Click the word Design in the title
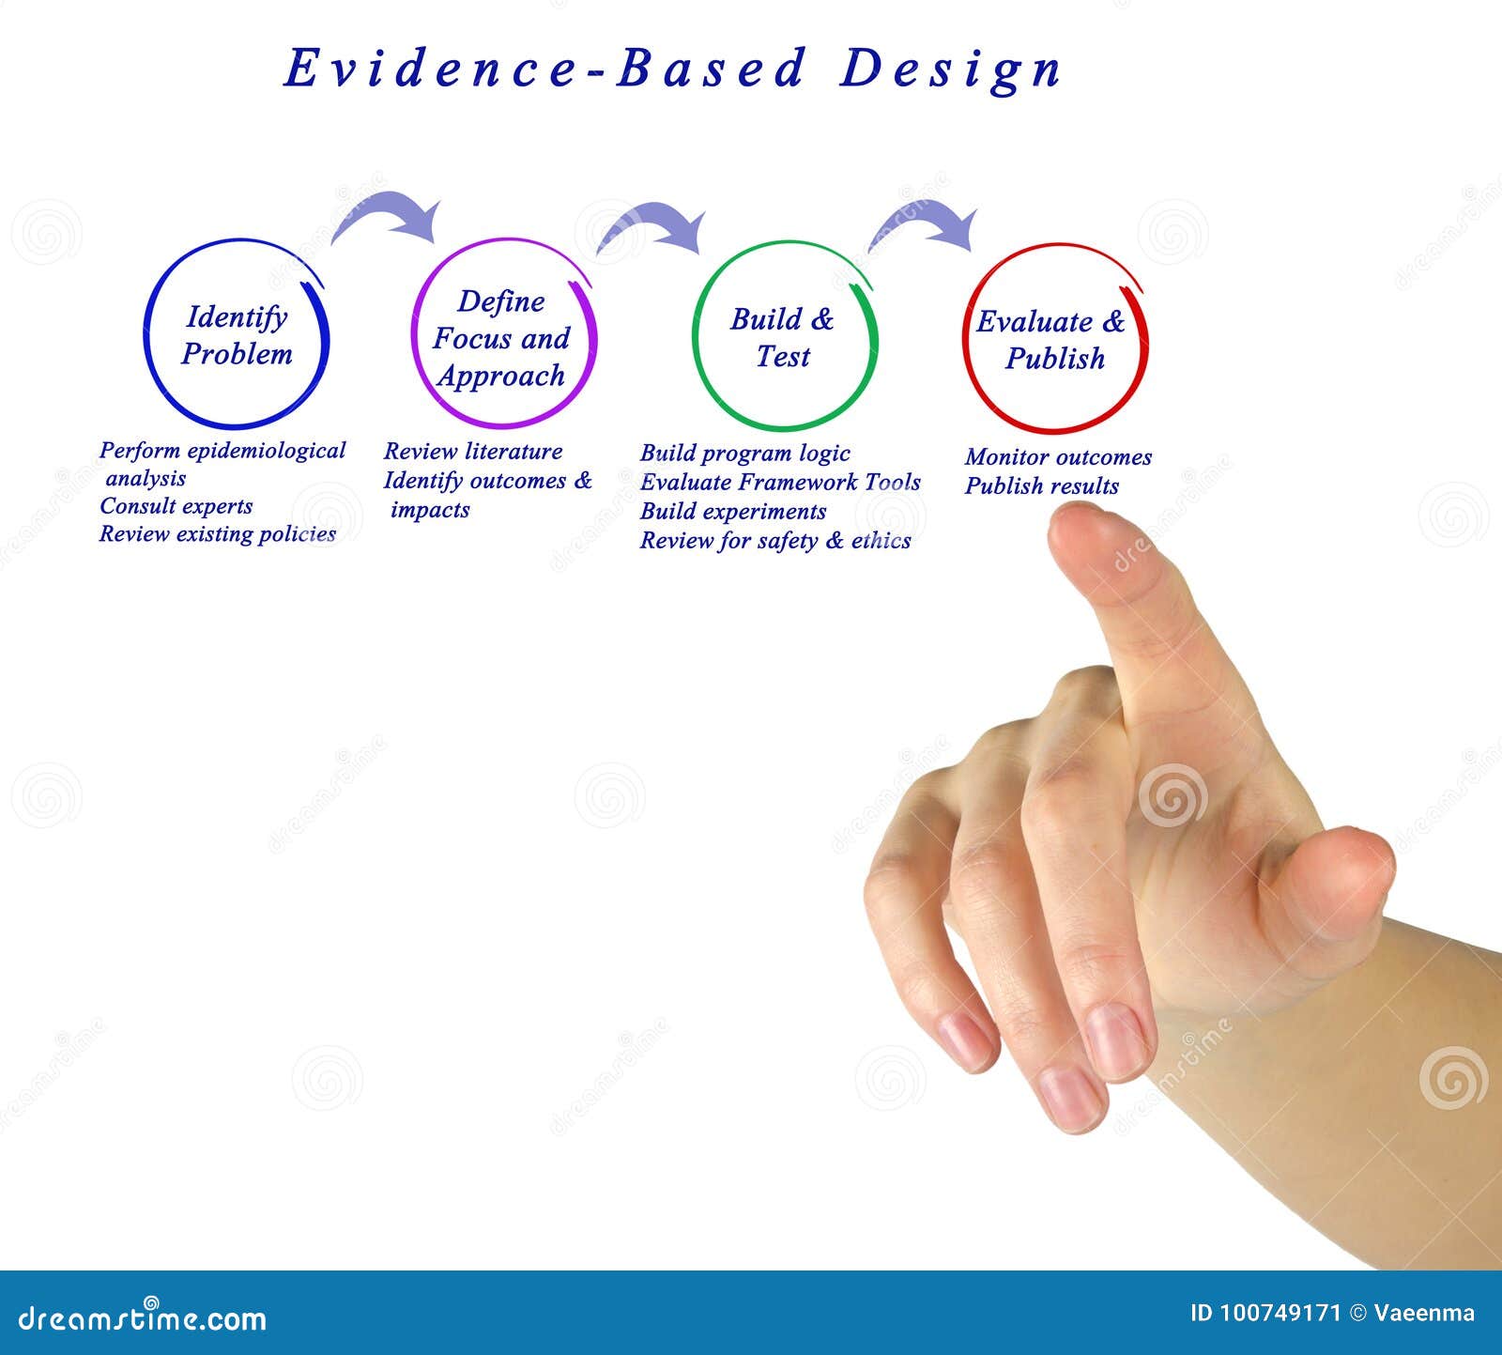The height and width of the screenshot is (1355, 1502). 949,69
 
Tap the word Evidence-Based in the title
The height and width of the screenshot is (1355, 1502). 544,69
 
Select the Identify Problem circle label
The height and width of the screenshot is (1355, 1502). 237,335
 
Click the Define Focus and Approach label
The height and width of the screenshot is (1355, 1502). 501,338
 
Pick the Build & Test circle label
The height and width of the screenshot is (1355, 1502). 782,337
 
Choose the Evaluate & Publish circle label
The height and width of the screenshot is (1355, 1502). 1051,339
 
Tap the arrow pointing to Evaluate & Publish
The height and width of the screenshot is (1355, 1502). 925,226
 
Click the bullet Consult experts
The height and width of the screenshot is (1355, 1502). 176,506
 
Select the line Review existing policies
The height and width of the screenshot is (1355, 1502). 218,534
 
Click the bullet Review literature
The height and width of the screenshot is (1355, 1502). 473,452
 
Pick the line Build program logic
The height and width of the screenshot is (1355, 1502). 745,454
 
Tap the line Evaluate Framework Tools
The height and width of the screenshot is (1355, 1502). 780,483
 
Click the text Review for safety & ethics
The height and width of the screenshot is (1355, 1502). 775,541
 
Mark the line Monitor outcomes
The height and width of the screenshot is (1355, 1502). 1058,457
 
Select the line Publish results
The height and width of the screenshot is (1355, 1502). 1042,486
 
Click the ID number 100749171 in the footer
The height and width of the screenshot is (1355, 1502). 1278,1313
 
